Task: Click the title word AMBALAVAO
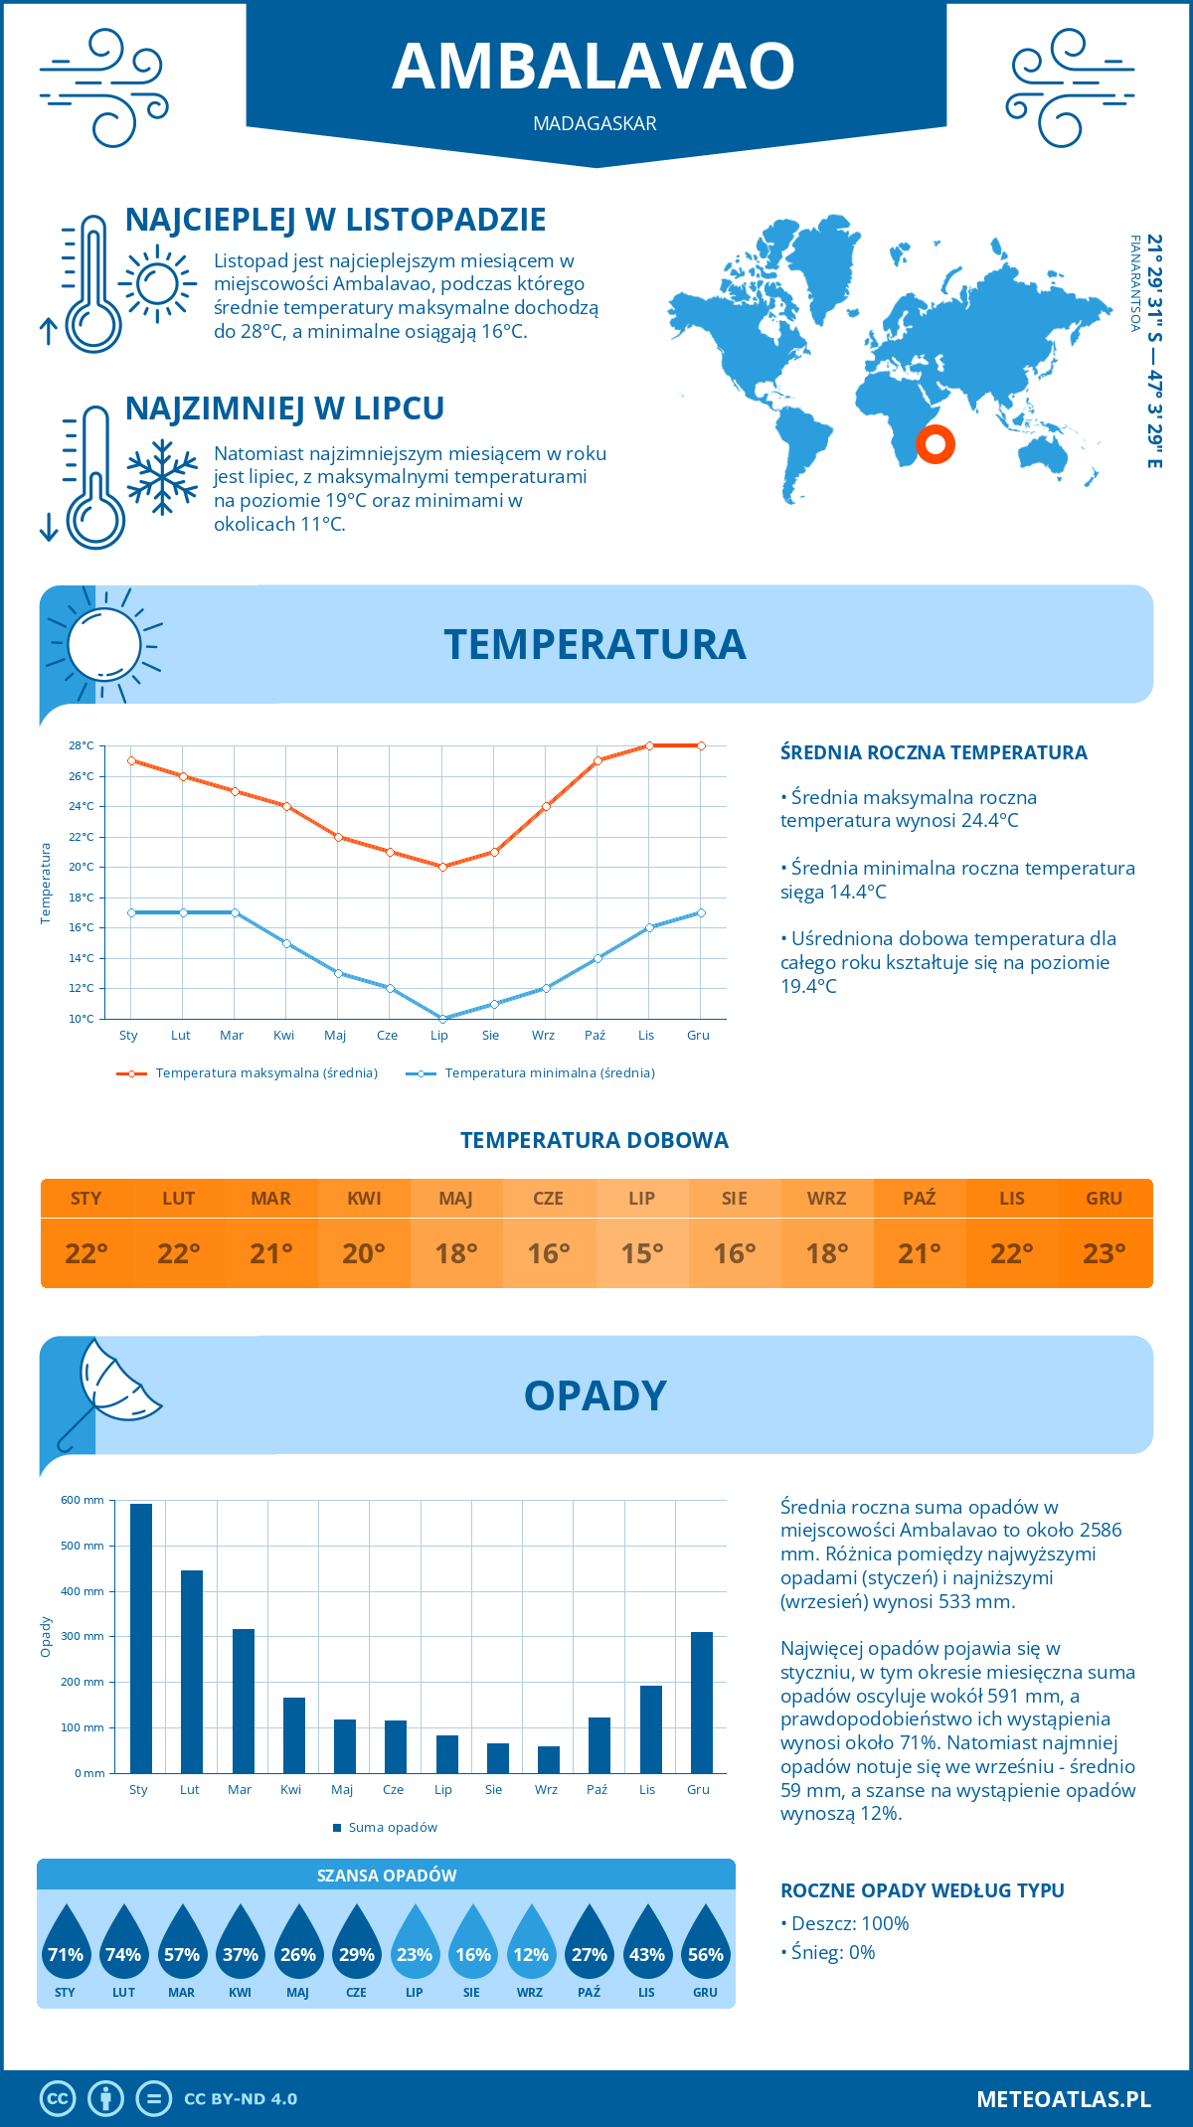pos(594,67)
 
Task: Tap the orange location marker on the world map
pos(935,443)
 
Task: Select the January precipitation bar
pos(141,1638)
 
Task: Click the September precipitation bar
pos(548,1759)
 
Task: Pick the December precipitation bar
pos(702,1703)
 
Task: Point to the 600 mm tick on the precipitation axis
pos(83,1500)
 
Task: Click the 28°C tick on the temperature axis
pos(82,745)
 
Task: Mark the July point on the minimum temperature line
pos(442,1019)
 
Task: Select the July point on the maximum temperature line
pos(442,867)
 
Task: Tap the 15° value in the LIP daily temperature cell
pos(641,1253)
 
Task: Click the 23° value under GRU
pos(1104,1253)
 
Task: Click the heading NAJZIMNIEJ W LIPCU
pos(284,409)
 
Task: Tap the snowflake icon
pos(162,477)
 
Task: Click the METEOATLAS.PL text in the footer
pos(1063,2098)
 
